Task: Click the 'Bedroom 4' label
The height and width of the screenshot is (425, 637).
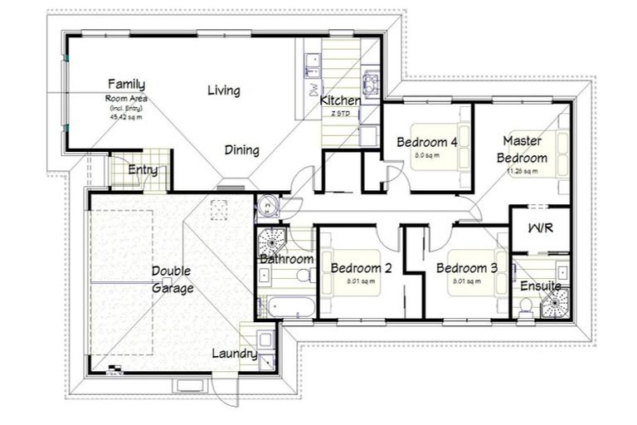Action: point(427,142)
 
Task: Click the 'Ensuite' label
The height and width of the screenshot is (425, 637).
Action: point(541,286)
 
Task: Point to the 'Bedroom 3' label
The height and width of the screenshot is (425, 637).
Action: point(466,268)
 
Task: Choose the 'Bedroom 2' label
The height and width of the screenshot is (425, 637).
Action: point(361,268)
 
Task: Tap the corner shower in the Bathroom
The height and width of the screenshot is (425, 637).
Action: point(271,242)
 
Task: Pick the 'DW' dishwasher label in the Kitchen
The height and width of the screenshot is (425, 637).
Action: point(314,92)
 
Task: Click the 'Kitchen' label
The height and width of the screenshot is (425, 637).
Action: point(341,100)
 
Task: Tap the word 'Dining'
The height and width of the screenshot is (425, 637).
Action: point(242,150)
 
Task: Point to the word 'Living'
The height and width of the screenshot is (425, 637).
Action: point(224,90)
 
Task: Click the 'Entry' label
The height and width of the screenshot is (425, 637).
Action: point(143,170)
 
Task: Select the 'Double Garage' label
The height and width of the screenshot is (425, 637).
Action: point(173,280)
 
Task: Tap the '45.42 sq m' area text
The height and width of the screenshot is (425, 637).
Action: point(126,117)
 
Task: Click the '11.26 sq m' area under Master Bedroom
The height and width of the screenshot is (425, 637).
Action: point(522,172)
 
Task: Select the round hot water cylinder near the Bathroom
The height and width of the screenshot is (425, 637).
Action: point(268,204)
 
